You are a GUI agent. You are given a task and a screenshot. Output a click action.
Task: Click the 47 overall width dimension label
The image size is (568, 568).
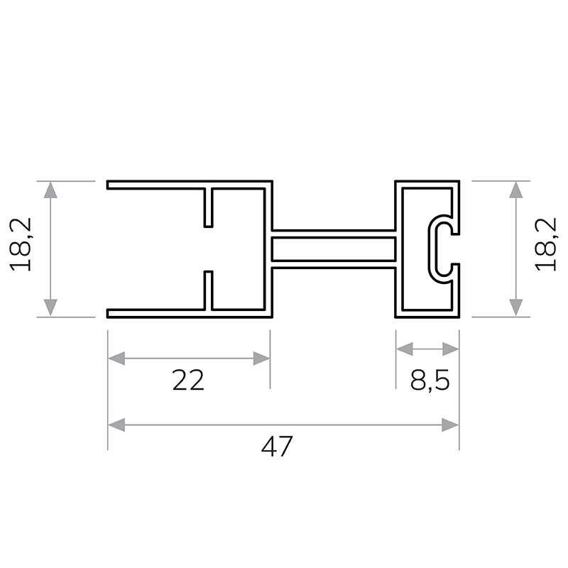[277, 447]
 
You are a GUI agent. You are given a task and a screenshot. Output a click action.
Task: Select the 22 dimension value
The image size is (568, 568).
[188, 381]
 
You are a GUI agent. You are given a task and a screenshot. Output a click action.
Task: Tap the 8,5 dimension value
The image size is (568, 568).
[430, 381]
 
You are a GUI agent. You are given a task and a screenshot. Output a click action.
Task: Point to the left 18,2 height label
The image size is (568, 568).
[21, 244]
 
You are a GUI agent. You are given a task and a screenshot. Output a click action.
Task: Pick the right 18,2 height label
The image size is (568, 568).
[545, 244]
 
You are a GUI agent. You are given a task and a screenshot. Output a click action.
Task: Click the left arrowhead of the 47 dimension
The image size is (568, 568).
[116, 425]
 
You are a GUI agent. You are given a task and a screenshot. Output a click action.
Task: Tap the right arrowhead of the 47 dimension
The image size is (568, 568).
[450, 425]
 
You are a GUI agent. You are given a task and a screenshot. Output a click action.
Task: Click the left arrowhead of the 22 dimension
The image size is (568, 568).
[116, 359]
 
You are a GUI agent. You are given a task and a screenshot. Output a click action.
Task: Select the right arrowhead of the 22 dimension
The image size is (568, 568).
[261, 359]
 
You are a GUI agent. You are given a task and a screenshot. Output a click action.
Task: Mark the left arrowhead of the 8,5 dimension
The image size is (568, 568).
[405, 349]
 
